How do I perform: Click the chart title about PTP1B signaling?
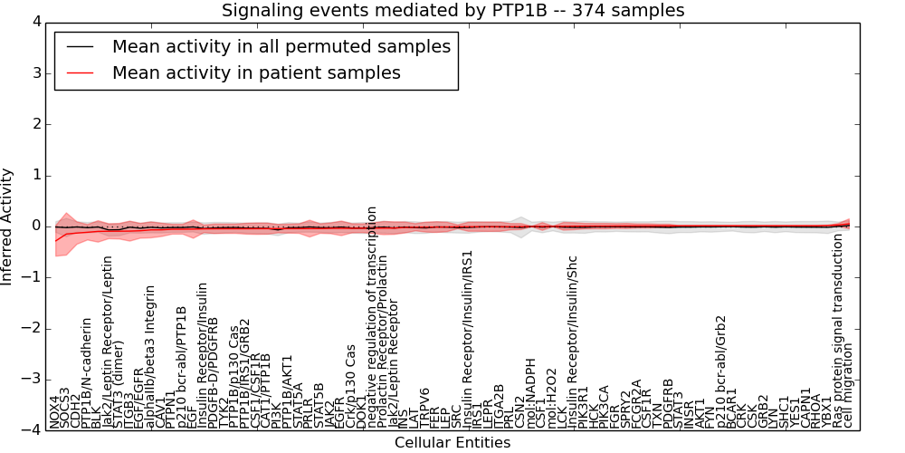tap(452, 10)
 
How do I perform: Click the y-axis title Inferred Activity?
tap(8, 226)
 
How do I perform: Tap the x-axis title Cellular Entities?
tap(452, 443)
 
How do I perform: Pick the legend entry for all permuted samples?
tap(281, 46)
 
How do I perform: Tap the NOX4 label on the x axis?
tap(55, 411)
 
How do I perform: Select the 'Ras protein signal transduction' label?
tap(838, 331)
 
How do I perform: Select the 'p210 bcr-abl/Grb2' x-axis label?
tap(721, 371)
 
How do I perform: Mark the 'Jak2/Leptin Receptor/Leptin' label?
tap(108, 346)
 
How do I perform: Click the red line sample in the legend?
tap(75, 72)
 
